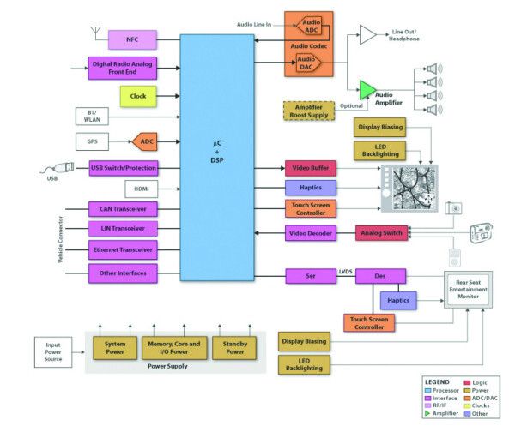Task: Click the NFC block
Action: (x=131, y=39)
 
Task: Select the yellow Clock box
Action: (x=137, y=97)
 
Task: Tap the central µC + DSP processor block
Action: (x=217, y=158)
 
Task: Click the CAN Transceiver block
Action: (x=124, y=208)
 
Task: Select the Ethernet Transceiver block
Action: (x=124, y=250)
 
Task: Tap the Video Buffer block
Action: (x=311, y=167)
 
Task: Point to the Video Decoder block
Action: (x=311, y=232)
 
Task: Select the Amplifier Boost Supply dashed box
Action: (x=309, y=111)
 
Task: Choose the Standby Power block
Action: (x=235, y=347)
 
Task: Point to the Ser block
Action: (x=311, y=276)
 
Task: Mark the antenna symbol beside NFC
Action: (x=94, y=33)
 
